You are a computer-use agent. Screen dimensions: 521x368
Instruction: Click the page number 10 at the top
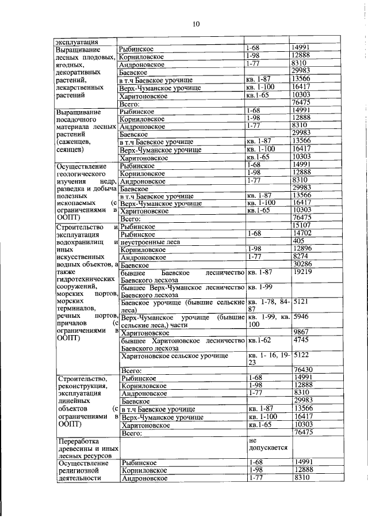196,24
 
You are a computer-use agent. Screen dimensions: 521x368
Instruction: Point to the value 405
298,241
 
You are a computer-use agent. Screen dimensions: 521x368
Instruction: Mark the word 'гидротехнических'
83,277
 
